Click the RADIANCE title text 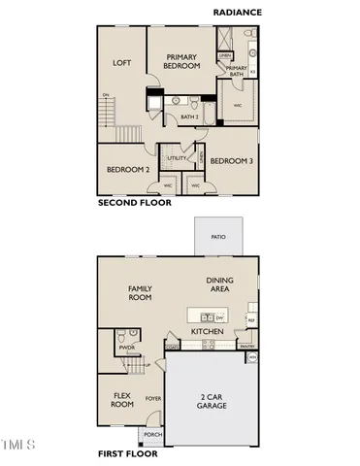click(x=240, y=11)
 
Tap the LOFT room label click(x=121, y=63)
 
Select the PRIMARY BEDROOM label click(x=181, y=62)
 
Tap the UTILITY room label click(x=177, y=157)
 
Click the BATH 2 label click(x=189, y=116)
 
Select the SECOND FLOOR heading click(x=135, y=204)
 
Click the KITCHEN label click(x=208, y=332)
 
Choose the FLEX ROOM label click(x=122, y=401)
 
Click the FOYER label click(x=152, y=397)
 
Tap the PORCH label click(x=152, y=434)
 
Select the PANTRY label click(x=247, y=345)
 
